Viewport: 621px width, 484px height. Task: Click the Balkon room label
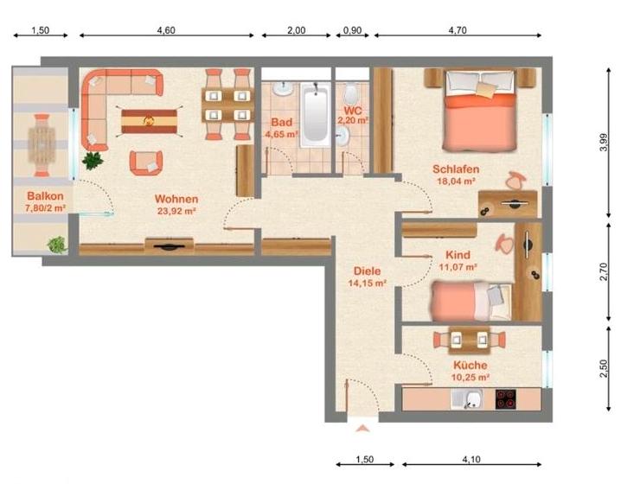click(x=42, y=195)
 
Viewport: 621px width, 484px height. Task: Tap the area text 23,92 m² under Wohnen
click(x=176, y=210)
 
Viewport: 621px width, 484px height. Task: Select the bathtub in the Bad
click(x=313, y=115)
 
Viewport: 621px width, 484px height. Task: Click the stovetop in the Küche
click(x=506, y=400)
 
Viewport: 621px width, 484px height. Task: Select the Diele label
click(x=365, y=271)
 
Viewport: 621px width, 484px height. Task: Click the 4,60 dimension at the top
click(x=166, y=30)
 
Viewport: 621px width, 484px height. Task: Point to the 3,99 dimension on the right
click(x=603, y=141)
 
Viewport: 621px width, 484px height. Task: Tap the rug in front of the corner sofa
click(x=151, y=120)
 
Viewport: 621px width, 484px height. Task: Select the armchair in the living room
click(x=145, y=161)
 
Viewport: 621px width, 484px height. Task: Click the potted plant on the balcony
click(x=57, y=245)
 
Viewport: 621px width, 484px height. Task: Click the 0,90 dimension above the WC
click(x=352, y=30)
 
